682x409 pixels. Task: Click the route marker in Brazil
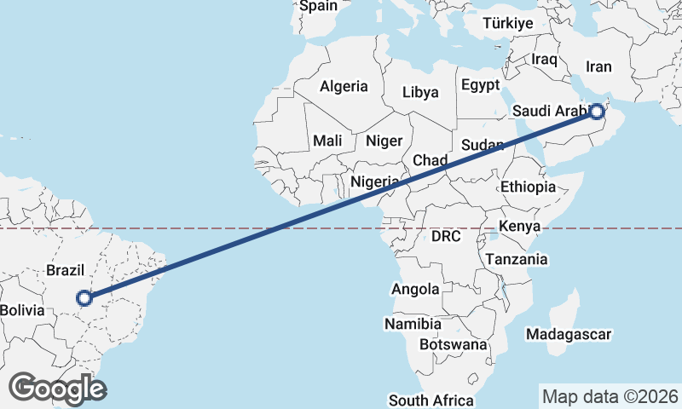84,298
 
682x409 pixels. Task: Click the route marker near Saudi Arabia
597,111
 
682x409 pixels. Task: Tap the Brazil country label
66,270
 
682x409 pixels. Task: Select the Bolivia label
21,310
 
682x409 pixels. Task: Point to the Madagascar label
569,334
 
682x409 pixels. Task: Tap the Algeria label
344,86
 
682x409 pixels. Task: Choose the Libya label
420,92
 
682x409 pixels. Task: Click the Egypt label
480,85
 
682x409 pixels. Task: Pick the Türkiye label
507,23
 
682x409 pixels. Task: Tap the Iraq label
544,59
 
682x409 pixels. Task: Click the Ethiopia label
528,187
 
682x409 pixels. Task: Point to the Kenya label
519,226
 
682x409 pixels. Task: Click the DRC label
446,236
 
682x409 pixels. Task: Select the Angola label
415,290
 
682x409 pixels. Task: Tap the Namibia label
413,324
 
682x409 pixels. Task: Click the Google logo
57,389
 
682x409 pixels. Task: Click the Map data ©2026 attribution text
610,396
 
